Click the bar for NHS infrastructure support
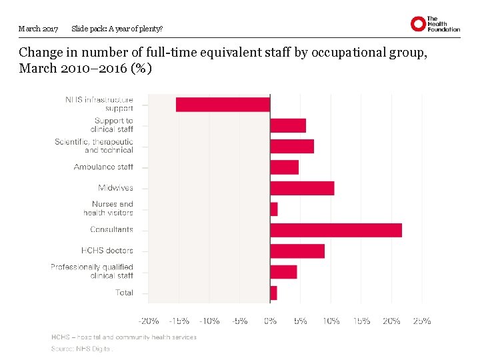point(223,105)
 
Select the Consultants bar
point(336,230)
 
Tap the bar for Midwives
point(302,188)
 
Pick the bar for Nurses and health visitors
point(274,209)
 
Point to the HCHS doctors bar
point(297,251)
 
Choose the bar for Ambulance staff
point(285,167)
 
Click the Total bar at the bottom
point(273,293)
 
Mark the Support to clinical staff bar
point(288,125)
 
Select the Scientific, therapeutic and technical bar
point(292,146)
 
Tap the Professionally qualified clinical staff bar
point(283,272)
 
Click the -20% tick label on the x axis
point(149,321)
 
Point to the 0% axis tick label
point(270,321)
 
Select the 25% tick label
point(422,321)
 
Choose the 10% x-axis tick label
point(331,321)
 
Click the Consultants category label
point(111,230)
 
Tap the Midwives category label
point(115,188)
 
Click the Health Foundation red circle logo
point(418,25)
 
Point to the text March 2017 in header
point(38,29)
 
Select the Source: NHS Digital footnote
point(82,349)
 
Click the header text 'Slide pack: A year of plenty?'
point(117,29)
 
